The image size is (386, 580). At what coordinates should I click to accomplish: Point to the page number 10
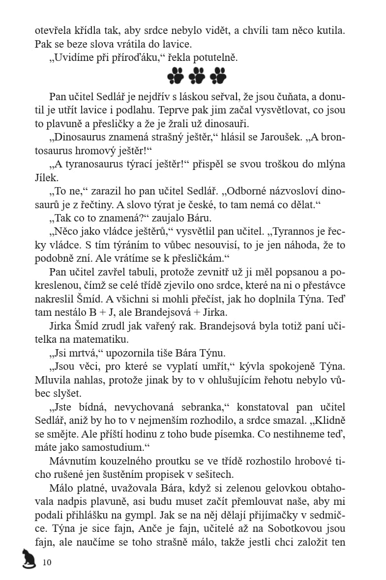tap(47, 562)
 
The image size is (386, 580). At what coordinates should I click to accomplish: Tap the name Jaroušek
tap(275, 137)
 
